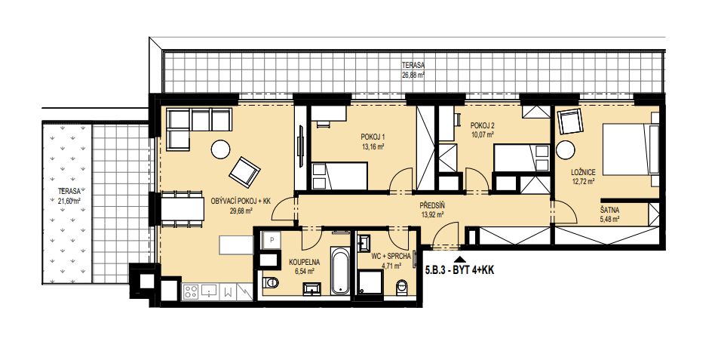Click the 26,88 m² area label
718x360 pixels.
(413, 75)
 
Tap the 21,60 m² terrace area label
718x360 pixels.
(69, 200)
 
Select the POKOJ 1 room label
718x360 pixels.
(373, 137)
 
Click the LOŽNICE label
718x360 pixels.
(583, 172)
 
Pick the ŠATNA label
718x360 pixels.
(609, 211)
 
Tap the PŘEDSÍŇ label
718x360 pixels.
(432, 205)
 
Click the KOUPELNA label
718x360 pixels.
(304, 263)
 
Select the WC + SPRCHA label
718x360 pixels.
(391, 257)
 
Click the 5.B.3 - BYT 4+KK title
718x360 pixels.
(460, 271)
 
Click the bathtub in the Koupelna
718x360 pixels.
(339, 270)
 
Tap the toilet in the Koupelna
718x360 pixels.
(270, 282)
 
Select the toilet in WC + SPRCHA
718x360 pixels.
(401, 288)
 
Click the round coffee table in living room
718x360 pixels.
(221, 149)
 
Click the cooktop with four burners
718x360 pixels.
(192, 292)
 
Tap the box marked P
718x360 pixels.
(272, 239)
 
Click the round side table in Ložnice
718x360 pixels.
(566, 149)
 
